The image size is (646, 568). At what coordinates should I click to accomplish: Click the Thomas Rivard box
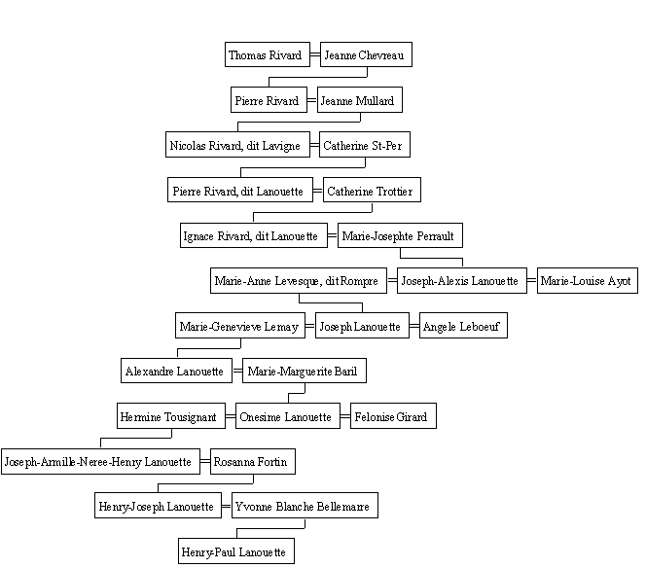(268, 54)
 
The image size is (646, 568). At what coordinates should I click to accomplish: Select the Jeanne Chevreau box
(366, 54)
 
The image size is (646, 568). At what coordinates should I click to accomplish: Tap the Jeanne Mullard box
(360, 99)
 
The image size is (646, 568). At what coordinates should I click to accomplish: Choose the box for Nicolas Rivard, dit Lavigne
(237, 145)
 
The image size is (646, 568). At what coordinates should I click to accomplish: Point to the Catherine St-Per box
(365, 145)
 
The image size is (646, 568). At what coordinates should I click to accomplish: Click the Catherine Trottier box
(372, 190)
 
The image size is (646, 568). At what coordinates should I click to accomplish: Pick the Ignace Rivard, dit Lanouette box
(254, 235)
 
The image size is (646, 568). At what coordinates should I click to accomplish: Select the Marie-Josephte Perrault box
(400, 235)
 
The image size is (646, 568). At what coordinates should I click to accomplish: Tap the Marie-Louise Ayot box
(588, 280)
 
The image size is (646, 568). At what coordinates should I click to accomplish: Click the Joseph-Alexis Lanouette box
(462, 280)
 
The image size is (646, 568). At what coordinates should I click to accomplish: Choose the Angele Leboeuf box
(463, 326)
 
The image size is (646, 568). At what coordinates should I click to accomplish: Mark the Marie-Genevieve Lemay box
(240, 326)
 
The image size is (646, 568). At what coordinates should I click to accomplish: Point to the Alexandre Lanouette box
(176, 371)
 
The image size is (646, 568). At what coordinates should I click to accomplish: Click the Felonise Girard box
(393, 416)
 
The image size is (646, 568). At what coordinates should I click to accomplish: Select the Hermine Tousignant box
(171, 416)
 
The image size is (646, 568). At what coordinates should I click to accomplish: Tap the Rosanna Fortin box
(253, 461)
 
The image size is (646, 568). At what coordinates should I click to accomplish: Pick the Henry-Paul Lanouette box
(236, 551)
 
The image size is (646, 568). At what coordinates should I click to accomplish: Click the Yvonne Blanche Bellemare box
(305, 506)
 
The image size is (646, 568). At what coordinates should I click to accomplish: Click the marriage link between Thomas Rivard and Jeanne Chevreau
(315, 54)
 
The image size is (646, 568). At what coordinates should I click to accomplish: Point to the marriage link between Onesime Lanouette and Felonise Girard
(345, 416)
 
